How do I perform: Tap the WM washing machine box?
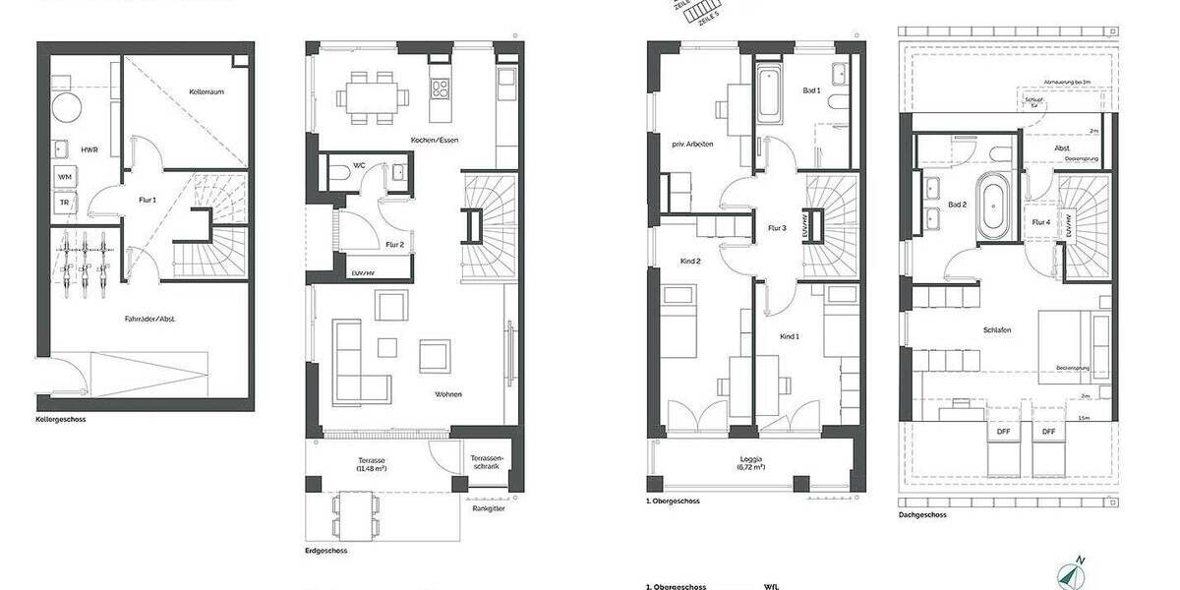click(x=65, y=176)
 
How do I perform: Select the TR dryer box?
click(x=65, y=204)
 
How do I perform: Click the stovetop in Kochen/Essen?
click(x=439, y=88)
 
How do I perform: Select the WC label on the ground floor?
click(x=360, y=166)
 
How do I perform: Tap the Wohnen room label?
click(x=448, y=394)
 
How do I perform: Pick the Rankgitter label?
click(x=488, y=508)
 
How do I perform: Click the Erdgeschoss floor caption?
click(x=326, y=551)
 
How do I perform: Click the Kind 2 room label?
click(x=690, y=261)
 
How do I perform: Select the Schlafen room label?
click(x=996, y=330)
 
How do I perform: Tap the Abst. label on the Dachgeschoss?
click(x=1061, y=148)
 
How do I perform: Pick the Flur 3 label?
click(x=777, y=228)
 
